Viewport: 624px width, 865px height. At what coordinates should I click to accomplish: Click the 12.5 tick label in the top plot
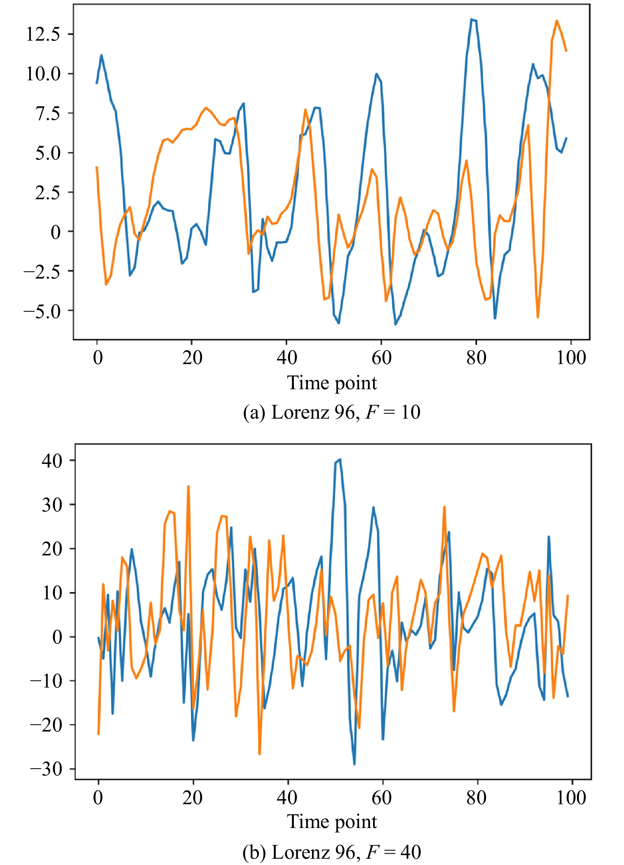click(x=43, y=34)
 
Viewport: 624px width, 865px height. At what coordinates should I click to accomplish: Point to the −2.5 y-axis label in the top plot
click(x=42, y=272)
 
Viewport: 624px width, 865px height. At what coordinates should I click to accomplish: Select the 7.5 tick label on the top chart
click(x=48, y=114)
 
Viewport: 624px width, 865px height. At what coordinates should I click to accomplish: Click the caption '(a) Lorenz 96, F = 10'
click(x=331, y=413)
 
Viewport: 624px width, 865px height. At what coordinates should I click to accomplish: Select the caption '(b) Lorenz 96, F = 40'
click(x=331, y=852)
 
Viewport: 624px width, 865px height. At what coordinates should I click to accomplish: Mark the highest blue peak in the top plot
click(x=471, y=19)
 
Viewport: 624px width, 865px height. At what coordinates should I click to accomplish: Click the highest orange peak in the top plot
click(x=557, y=20)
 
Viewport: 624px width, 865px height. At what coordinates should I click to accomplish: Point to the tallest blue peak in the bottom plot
click(x=340, y=460)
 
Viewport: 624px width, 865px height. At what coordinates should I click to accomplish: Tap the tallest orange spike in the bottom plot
click(x=188, y=486)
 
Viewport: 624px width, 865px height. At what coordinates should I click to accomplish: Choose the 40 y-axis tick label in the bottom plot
click(x=52, y=461)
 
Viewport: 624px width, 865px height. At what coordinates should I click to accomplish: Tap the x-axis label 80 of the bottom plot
click(x=476, y=798)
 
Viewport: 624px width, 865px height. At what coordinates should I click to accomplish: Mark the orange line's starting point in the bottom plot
click(x=98, y=723)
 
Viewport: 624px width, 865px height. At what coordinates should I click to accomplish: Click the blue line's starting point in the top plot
click(x=97, y=83)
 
